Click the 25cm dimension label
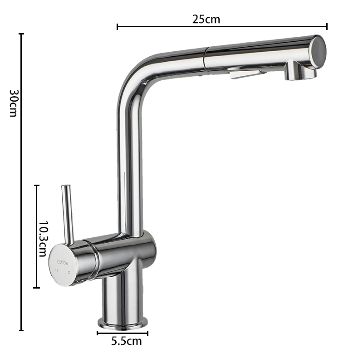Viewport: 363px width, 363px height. (x=206, y=19)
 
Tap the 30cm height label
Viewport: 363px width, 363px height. (x=14, y=103)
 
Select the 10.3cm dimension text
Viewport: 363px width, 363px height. (x=43, y=239)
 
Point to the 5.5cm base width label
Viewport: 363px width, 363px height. (x=127, y=341)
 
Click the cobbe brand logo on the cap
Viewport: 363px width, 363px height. (x=63, y=263)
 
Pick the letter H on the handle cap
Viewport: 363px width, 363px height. (x=56, y=270)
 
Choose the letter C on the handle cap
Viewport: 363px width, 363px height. (x=69, y=273)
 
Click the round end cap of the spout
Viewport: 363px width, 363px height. (x=319, y=52)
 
